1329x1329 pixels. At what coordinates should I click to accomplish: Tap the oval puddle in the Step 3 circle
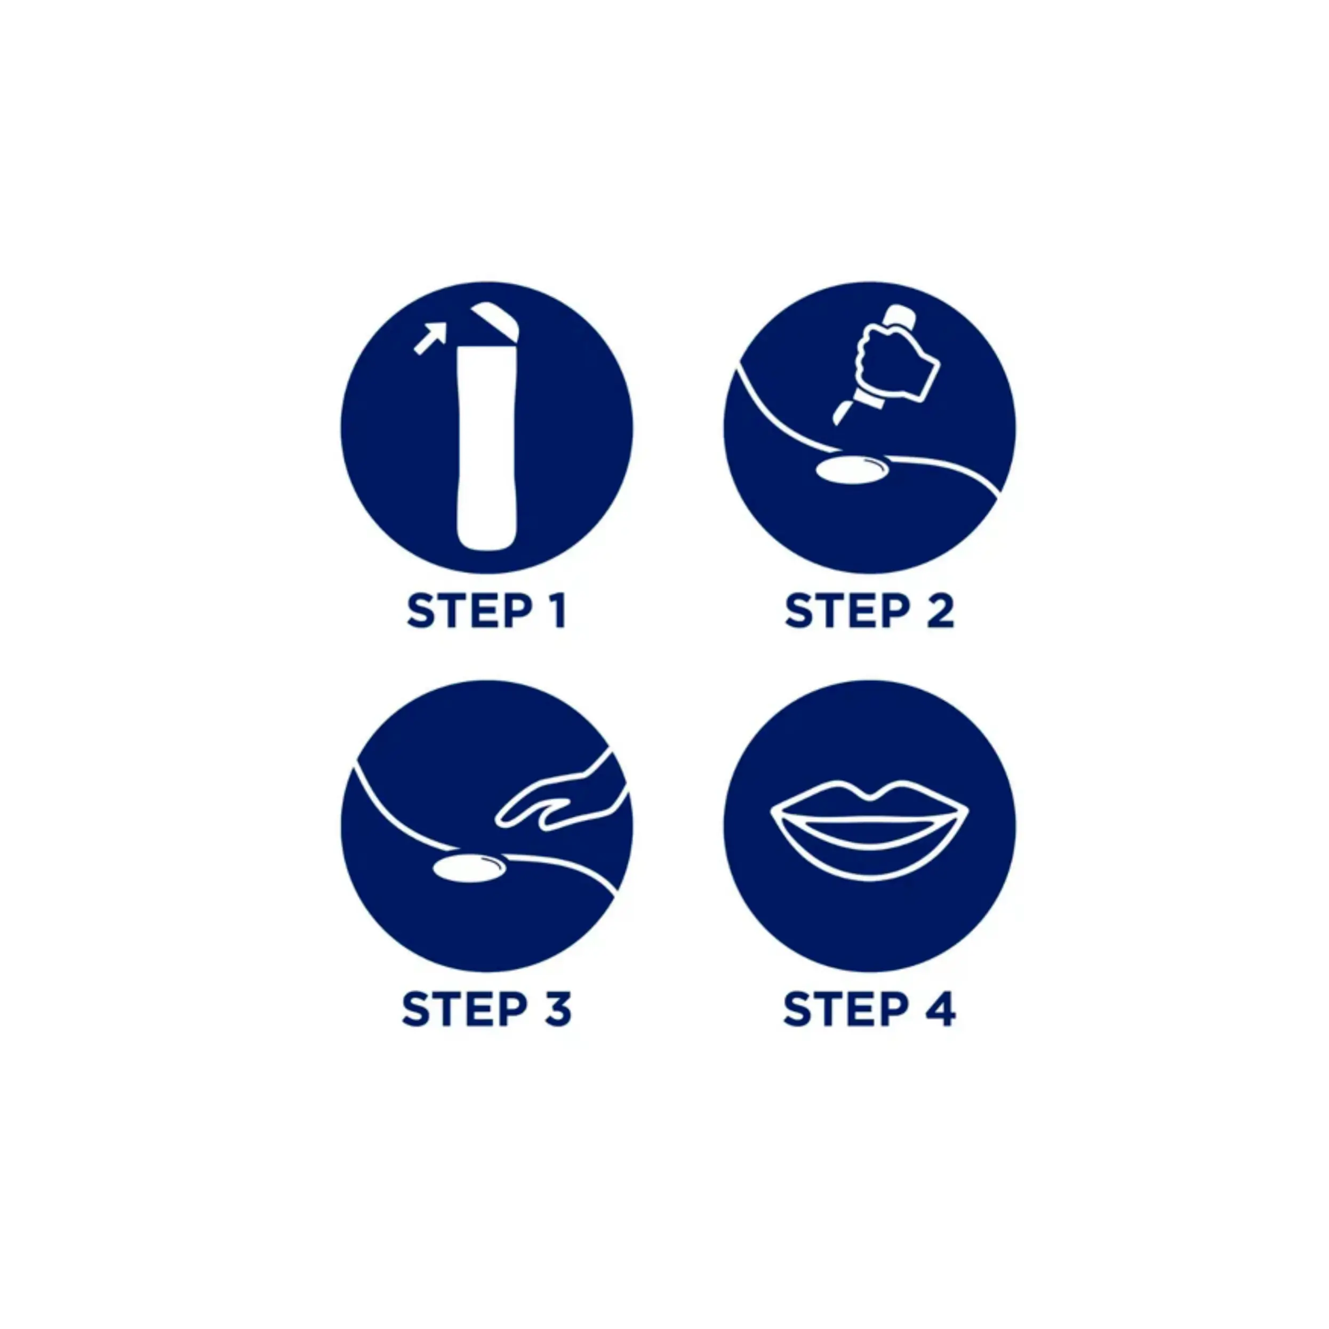[470, 869]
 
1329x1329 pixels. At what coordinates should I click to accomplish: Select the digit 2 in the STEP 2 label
[940, 611]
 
